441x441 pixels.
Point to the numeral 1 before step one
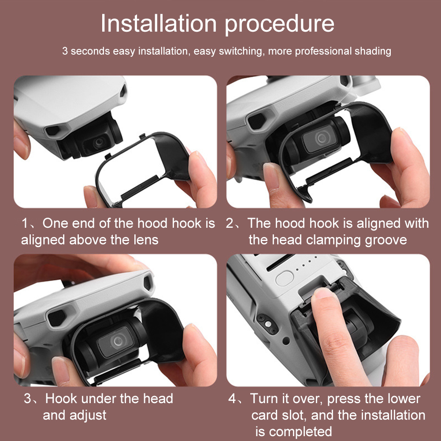click(25, 224)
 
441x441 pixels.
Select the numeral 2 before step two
click(230, 224)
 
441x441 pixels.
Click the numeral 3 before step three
click(28, 399)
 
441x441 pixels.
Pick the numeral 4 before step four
click(232, 399)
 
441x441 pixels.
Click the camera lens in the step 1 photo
click(99, 142)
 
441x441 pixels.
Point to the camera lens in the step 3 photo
click(117, 341)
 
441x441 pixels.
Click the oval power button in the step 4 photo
click(285, 278)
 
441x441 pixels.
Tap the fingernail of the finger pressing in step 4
click(323, 293)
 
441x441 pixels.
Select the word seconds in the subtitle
click(90, 52)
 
